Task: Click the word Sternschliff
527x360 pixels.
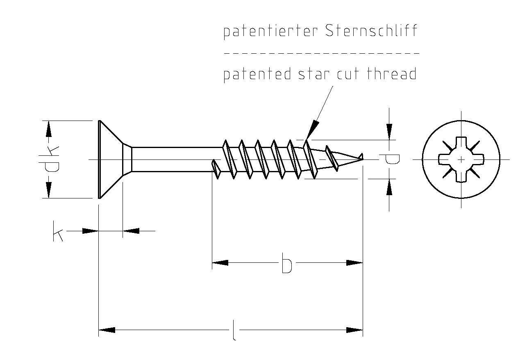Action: click(371, 31)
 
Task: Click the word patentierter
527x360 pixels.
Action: click(270, 32)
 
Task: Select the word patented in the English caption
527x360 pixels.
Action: click(257, 75)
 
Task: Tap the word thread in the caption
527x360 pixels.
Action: click(391, 74)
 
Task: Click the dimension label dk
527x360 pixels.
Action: click(48, 159)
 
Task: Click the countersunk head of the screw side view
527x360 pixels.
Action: click(111, 159)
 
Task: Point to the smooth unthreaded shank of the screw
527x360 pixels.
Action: click(172, 159)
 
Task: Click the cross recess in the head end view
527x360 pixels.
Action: click(461, 159)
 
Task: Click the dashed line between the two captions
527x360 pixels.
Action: click(321, 53)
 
